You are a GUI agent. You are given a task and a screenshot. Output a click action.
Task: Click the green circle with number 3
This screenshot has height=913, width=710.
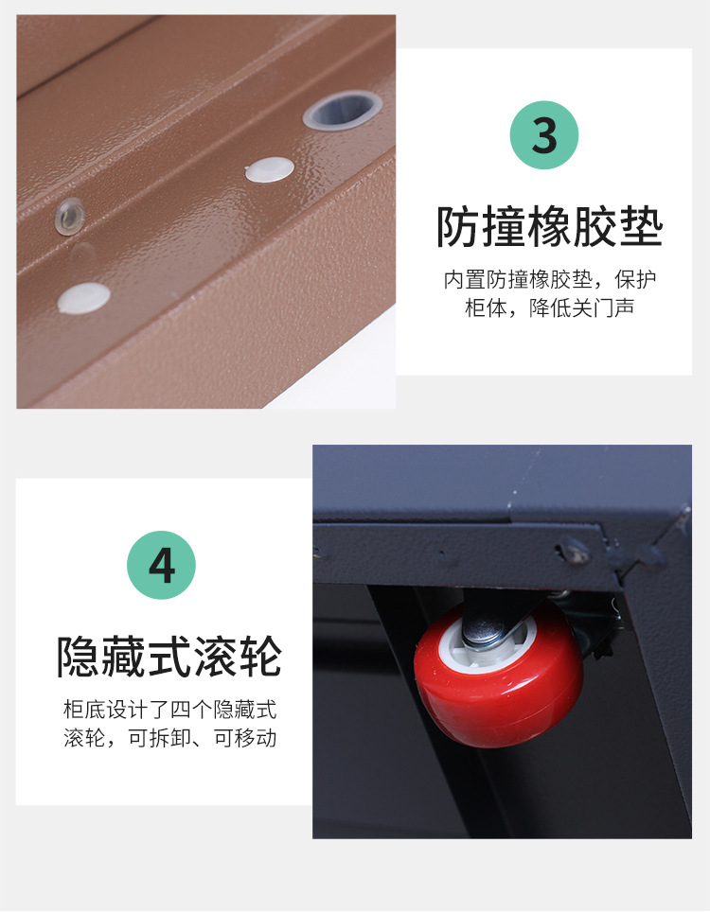tap(544, 135)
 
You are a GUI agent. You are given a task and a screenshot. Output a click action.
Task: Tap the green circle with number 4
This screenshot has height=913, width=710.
tap(161, 565)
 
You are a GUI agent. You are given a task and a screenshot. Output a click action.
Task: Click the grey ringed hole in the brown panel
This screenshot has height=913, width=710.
tap(343, 109)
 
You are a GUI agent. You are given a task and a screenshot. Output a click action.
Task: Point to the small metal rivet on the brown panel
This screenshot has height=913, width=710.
tap(70, 216)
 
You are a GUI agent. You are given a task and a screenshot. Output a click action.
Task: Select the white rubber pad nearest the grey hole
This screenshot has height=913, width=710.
tap(269, 169)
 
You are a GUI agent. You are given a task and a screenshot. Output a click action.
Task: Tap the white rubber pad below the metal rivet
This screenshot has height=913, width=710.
tap(84, 297)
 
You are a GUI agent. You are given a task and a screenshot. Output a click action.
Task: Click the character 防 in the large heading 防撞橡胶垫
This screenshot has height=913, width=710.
tap(459, 227)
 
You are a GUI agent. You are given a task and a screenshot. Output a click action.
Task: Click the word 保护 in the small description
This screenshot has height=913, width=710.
tap(636, 279)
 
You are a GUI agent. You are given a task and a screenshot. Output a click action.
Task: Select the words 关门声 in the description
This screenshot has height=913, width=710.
tap(603, 308)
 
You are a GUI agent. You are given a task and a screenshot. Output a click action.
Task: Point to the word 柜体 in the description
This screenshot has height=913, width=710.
tap(486, 308)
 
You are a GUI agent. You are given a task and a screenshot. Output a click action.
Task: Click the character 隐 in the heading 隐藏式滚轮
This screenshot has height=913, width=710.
tap(79, 657)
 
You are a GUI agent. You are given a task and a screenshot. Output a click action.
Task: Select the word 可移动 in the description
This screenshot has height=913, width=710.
tap(245, 738)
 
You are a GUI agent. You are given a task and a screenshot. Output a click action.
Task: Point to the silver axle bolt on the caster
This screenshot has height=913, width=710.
tap(485, 631)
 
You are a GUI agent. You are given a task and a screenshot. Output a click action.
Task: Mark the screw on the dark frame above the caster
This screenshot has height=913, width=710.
tap(573, 551)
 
